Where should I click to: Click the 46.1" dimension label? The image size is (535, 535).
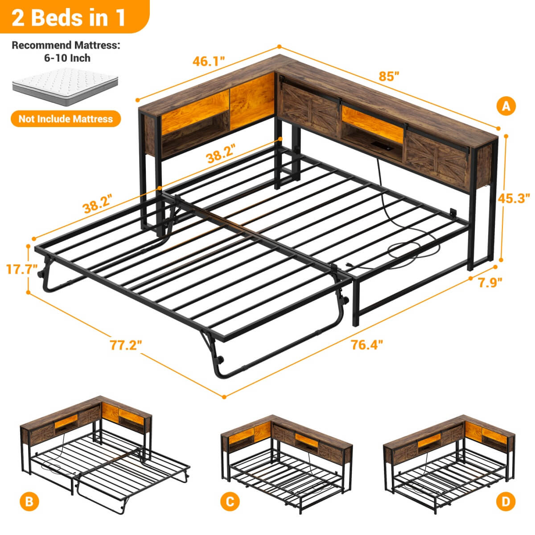(209, 61)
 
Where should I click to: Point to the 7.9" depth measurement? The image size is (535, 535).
(490, 282)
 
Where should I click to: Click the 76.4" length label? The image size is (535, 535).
(367, 345)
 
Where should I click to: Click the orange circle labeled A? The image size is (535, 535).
(506, 106)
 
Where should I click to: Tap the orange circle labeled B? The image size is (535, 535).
(29, 502)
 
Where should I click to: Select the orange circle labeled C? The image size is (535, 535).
(230, 502)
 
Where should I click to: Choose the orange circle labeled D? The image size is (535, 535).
(505, 502)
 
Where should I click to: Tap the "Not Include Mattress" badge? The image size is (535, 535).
(66, 119)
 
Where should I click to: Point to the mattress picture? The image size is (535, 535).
(66, 86)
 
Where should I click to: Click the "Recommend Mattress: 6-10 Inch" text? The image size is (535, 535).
(66, 51)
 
